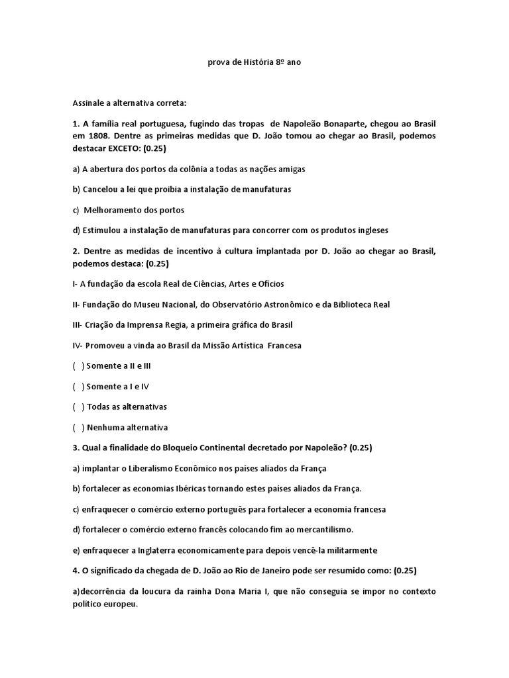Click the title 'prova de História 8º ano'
pyautogui.click(x=254, y=63)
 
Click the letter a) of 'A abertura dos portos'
pyautogui.click(x=76, y=169)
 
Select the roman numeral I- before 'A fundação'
pyautogui.click(x=75, y=284)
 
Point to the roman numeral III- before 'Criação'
pyautogui.click(x=78, y=325)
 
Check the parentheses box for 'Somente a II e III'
pyautogui.click(x=78, y=366)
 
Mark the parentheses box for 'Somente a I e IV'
pyautogui.click(x=78, y=387)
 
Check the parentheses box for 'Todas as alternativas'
pyautogui.click(x=78, y=407)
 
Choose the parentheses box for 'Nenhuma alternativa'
pyautogui.click(x=78, y=427)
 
